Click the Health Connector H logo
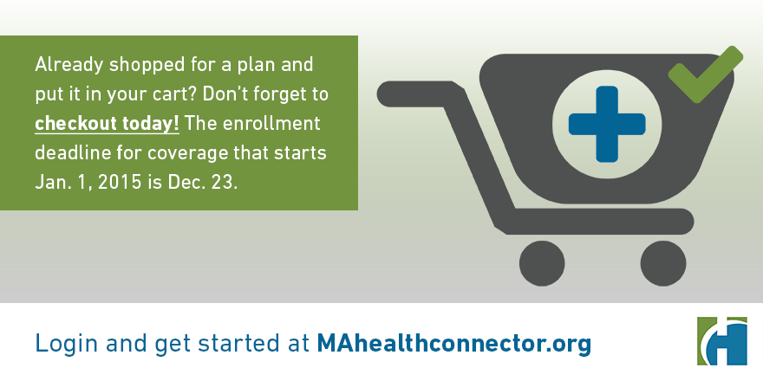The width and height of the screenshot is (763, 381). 721,341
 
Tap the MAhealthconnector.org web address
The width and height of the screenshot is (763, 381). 453,343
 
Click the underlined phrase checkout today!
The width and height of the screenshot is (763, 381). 107,123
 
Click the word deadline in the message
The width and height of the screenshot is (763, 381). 68,153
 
